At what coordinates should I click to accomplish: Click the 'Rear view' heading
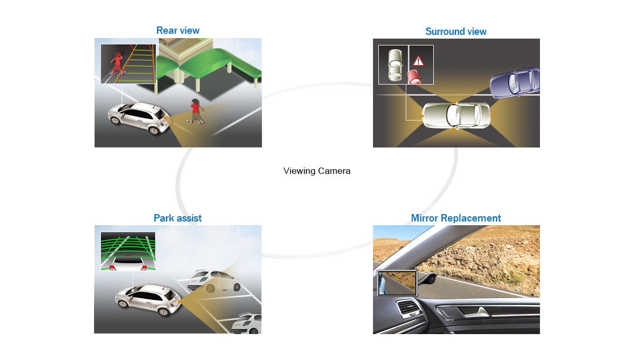point(178,30)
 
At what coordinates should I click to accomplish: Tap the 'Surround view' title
point(455,31)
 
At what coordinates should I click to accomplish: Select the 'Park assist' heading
point(178,218)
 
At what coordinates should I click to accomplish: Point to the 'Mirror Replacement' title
point(455,218)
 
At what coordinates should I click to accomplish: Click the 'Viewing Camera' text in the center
point(316,171)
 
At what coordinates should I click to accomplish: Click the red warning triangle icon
point(418,61)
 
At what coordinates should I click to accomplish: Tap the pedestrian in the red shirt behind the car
point(195,111)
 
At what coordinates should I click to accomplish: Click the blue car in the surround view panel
point(515,82)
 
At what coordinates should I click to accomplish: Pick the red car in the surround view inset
point(414,77)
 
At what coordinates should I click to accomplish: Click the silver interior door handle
point(477,312)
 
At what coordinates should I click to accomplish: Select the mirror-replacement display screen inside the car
point(397,283)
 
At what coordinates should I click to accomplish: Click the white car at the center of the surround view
point(456,115)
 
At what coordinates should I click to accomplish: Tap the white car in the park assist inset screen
point(128,263)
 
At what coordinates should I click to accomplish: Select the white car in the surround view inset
point(395,65)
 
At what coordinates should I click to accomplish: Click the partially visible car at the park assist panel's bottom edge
point(246,324)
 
